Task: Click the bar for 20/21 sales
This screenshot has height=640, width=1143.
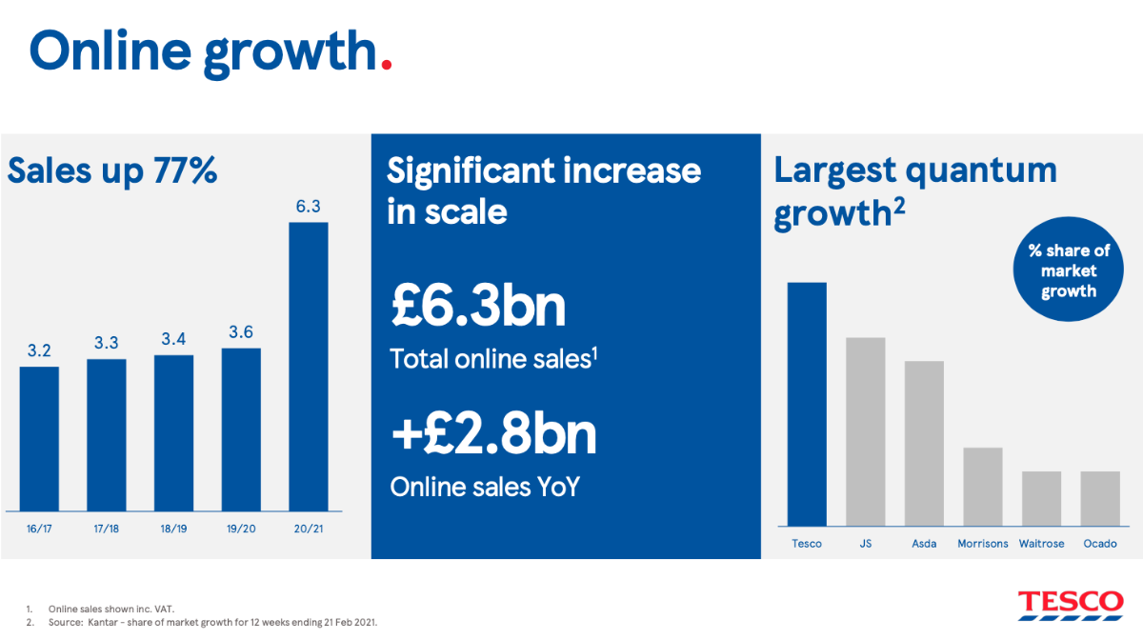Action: [x=309, y=367]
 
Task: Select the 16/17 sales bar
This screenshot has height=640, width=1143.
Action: [x=39, y=439]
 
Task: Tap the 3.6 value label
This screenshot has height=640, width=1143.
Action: [x=241, y=332]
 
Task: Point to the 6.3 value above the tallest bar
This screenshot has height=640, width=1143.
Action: [x=309, y=206]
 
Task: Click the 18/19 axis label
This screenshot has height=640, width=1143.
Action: [x=173, y=529]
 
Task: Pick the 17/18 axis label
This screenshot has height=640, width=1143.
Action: [x=106, y=529]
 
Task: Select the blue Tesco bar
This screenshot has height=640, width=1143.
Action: [x=807, y=404]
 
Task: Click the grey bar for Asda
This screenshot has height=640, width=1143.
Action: [x=924, y=444]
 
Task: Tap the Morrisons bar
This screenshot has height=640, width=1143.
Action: [x=983, y=487]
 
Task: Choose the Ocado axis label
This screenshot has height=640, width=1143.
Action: [x=1100, y=544]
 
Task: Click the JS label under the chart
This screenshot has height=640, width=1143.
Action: [x=866, y=544]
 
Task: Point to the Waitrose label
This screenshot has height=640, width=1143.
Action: [x=1041, y=544]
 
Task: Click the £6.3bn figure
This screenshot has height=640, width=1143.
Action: [x=478, y=306]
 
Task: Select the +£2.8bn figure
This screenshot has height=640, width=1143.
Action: [x=493, y=434]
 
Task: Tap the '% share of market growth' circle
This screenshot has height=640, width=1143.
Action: [x=1069, y=270]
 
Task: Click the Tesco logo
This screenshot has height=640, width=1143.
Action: [x=1071, y=606]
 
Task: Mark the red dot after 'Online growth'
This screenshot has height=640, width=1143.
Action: [x=387, y=65]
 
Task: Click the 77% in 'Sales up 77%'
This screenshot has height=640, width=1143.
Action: [x=185, y=170]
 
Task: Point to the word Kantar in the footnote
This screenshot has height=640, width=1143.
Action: [x=103, y=623]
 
